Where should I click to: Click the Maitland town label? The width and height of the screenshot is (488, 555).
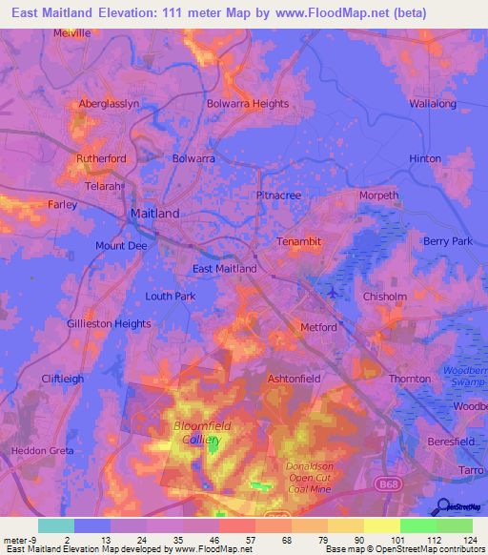point(153,214)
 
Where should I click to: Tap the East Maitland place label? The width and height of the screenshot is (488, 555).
point(224,269)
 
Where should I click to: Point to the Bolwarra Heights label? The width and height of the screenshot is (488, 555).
point(248,104)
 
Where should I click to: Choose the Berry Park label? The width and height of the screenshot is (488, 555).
point(448,241)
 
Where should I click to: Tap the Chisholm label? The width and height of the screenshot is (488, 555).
point(386,297)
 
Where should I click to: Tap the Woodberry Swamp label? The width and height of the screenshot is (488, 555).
point(464,375)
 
